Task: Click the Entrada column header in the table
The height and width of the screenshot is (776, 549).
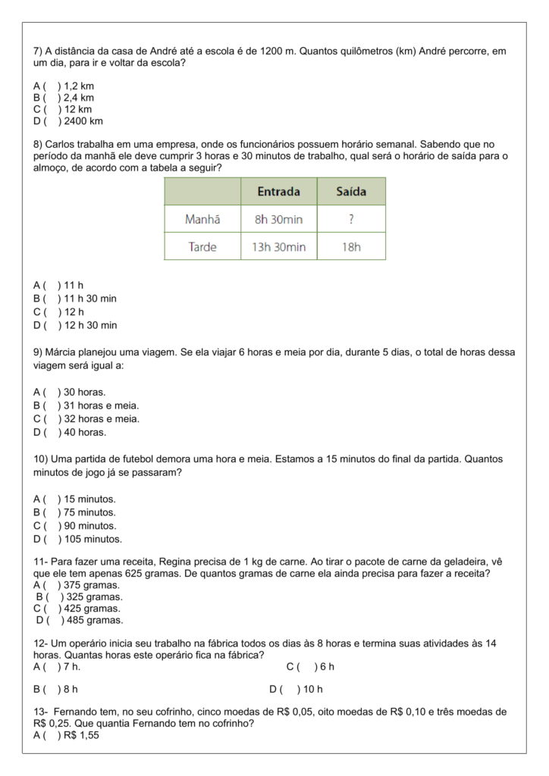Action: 278,192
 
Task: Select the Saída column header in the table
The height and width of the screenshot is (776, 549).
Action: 350,192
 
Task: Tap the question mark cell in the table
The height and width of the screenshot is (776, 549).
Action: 350,219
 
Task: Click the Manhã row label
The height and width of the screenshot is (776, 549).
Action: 202,219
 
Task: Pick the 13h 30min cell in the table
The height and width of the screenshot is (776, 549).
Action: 278,246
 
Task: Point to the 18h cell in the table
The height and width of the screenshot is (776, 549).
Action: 350,246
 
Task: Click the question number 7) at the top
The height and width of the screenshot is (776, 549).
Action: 38,51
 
